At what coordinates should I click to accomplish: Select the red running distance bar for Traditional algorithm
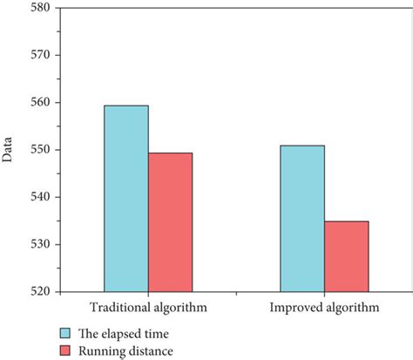170,221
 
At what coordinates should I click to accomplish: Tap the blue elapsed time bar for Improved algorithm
302,218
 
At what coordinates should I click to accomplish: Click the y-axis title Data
8,149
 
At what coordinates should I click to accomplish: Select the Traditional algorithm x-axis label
147,309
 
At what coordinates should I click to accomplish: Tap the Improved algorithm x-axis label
324,309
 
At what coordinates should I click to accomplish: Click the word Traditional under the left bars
119,309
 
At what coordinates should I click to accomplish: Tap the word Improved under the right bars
297,309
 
